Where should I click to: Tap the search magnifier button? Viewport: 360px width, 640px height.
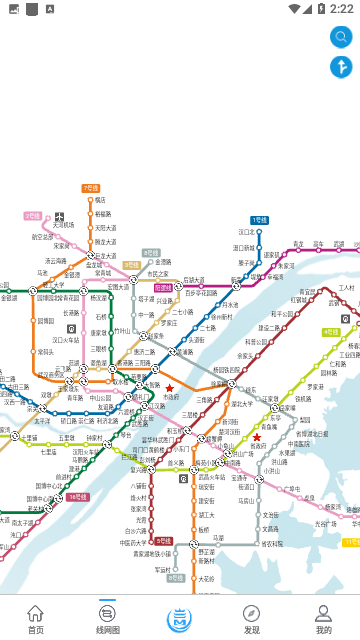(341, 37)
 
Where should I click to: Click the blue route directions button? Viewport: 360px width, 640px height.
(341, 68)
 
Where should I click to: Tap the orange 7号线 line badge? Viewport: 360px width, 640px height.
(91, 188)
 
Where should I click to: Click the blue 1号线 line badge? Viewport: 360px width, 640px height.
(259, 220)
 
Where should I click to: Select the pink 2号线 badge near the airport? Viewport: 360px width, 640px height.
(33, 216)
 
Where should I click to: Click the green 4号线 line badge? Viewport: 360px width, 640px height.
(330, 332)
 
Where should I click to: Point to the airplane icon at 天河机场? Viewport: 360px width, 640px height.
(60, 216)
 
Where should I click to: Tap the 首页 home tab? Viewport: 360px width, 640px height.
(36, 618)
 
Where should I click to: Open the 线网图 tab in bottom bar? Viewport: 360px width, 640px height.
(108, 618)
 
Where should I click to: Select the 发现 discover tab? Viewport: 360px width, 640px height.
(252, 618)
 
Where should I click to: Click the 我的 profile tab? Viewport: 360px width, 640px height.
(323, 618)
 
